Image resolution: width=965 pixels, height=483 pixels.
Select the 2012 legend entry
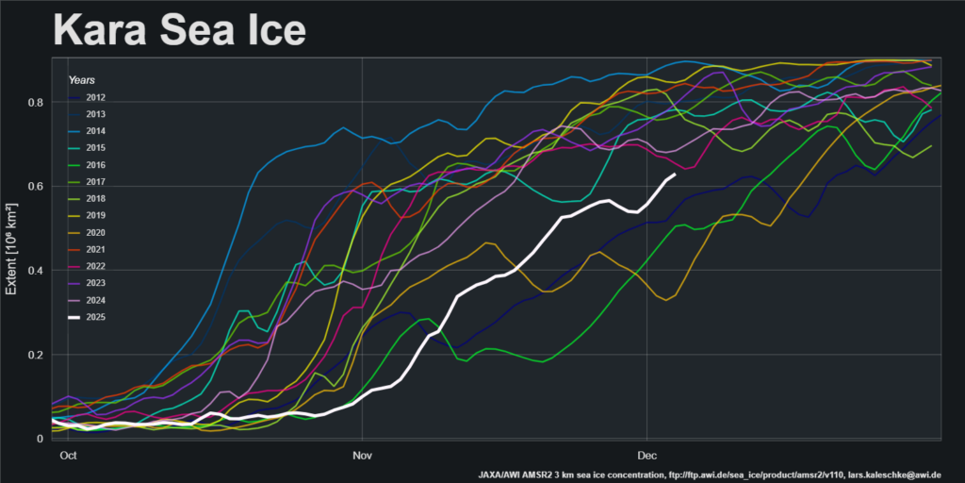coord(95,97)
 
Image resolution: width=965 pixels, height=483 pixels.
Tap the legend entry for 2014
coord(95,131)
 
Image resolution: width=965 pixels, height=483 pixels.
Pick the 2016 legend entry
coord(95,164)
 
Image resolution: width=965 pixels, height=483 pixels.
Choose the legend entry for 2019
coord(95,215)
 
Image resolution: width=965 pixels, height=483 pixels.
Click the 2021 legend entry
coord(95,249)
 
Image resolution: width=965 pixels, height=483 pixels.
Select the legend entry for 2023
coord(95,283)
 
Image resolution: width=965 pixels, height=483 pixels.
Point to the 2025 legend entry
coord(95,317)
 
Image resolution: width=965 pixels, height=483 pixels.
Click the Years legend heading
coord(81,80)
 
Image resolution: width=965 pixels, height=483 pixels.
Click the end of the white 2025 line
coord(674,175)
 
